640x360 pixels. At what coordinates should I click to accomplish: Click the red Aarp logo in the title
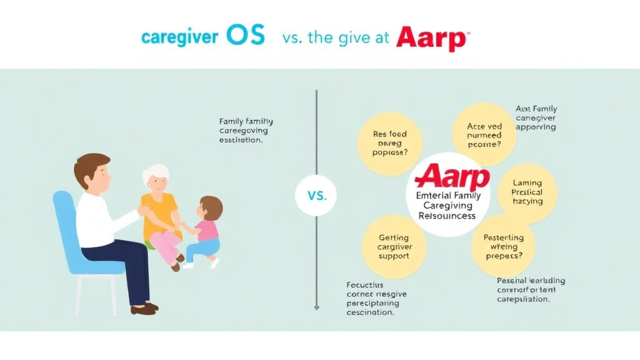coord(431,37)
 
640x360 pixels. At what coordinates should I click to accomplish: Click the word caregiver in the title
coord(179,37)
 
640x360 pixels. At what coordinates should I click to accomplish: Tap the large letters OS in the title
coord(245,36)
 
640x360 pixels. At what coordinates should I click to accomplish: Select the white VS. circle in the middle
coord(317,195)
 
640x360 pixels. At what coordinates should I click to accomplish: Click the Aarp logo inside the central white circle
coord(452,177)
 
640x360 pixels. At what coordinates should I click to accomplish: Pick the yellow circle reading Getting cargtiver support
coord(394,246)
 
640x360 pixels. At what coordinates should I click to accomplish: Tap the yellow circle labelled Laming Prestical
coord(527,192)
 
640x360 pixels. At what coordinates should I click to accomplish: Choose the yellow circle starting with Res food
coord(389,143)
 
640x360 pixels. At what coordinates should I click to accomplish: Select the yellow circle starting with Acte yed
coord(484,135)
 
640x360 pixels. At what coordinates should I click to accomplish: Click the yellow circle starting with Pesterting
coord(502,246)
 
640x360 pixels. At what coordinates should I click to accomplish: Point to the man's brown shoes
coord(144,307)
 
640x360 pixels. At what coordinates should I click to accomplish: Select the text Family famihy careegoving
coord(246,131)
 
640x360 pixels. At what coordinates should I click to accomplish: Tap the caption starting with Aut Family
coord(536,117)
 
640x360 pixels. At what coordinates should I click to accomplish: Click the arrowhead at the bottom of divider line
coord(316,307)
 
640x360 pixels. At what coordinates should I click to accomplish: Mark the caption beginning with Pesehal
coord(531,289)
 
